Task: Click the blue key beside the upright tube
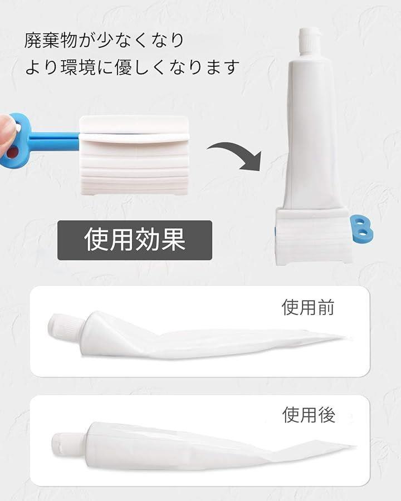(361, 228)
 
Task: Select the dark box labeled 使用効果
(135, 240)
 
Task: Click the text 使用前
(308, 307)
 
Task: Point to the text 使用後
(309, 415)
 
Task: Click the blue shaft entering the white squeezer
(55, 141)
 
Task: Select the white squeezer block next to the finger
(134, 155)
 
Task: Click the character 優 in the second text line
(124, 67)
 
